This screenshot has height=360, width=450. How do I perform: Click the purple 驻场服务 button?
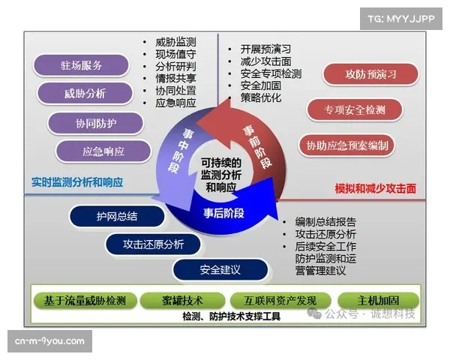coord(82,65)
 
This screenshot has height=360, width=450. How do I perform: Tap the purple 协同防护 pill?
coord(95,122)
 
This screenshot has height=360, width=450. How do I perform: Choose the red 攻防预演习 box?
coord(370,73)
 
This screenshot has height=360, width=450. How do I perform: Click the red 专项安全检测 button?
coord(355,110)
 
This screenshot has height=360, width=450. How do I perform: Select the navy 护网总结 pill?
coord(118,217)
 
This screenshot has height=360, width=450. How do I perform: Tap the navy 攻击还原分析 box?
coord(153,244)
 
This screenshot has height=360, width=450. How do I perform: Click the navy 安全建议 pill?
coord(220,269)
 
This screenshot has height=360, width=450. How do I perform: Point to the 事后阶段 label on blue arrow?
coord(224,212)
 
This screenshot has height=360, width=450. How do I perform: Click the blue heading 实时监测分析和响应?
coord(78,182)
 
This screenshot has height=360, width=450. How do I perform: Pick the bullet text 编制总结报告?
coord(325,223)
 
